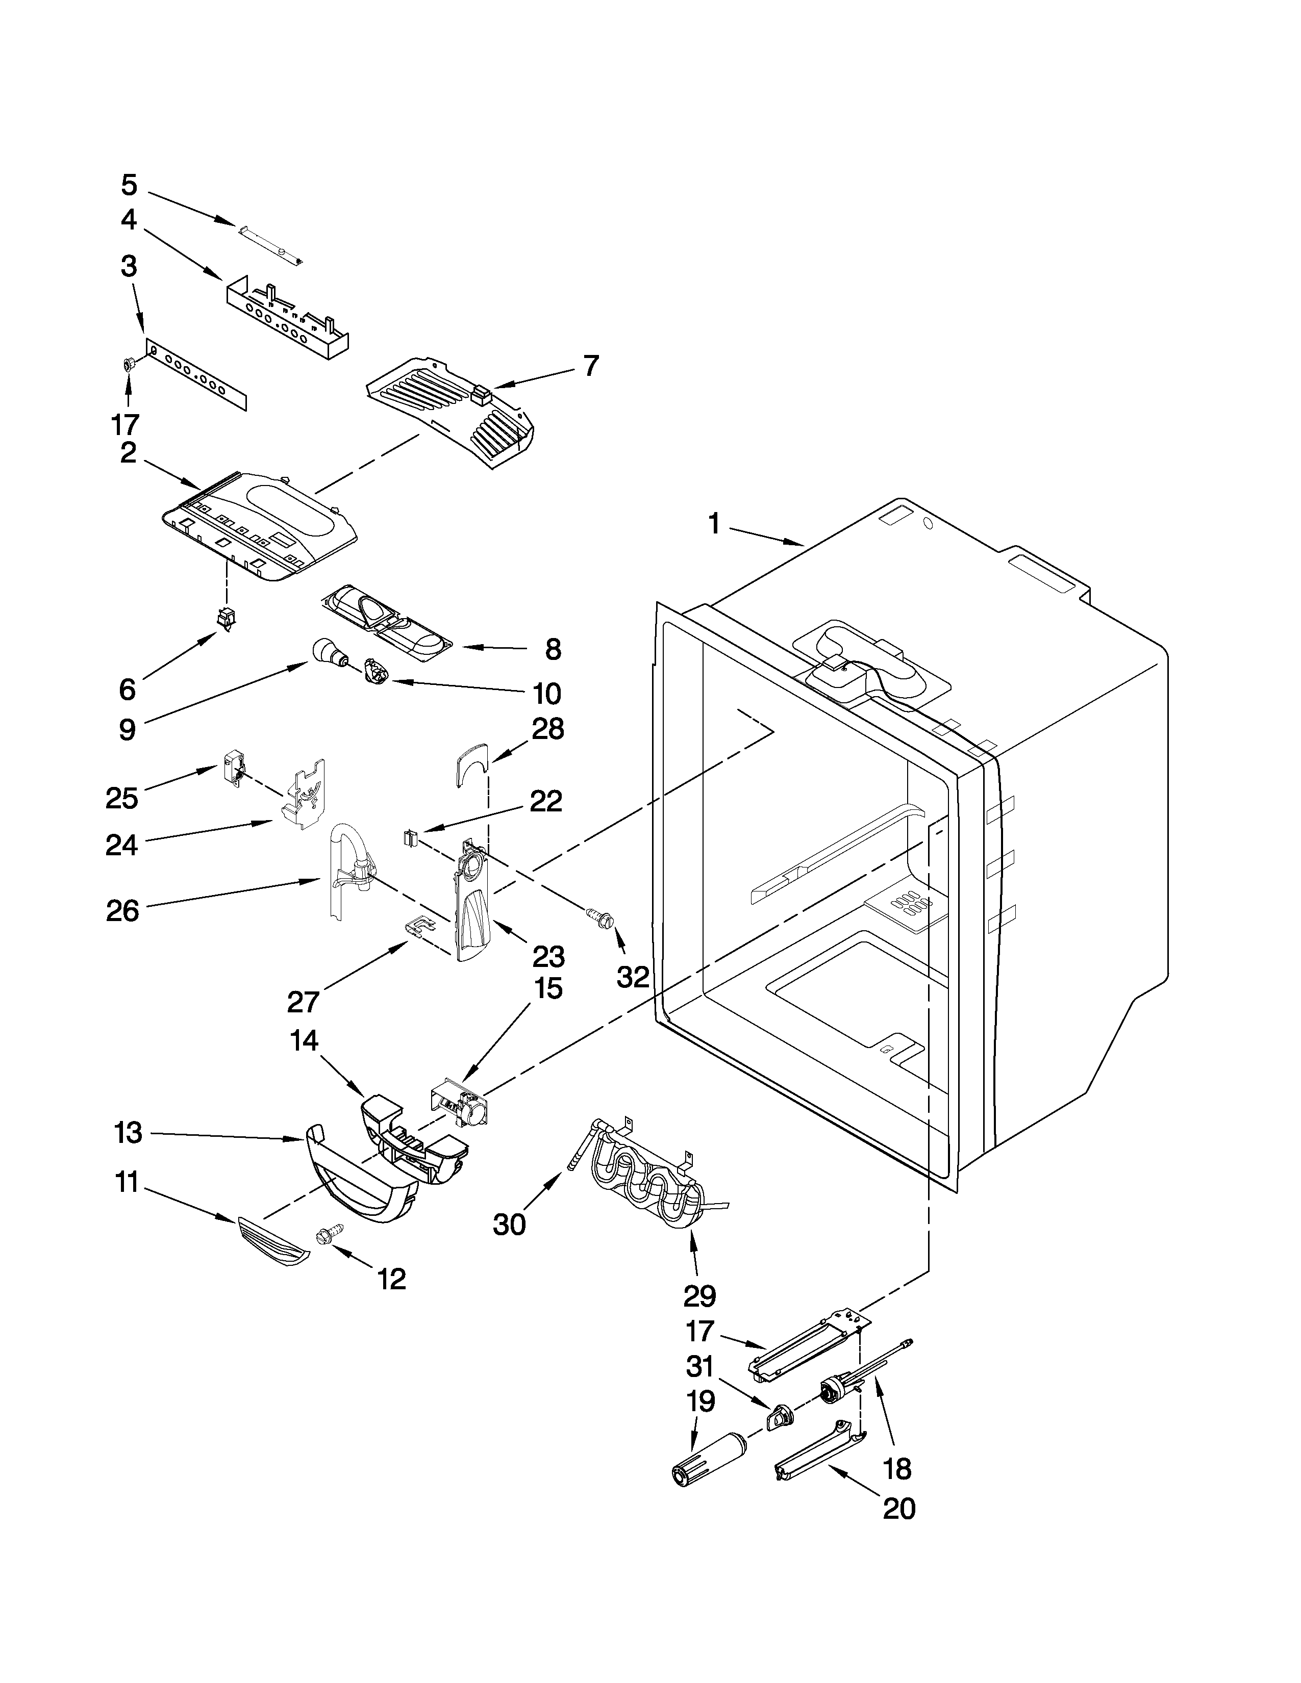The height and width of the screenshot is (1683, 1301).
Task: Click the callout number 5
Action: (x=129, y=185)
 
